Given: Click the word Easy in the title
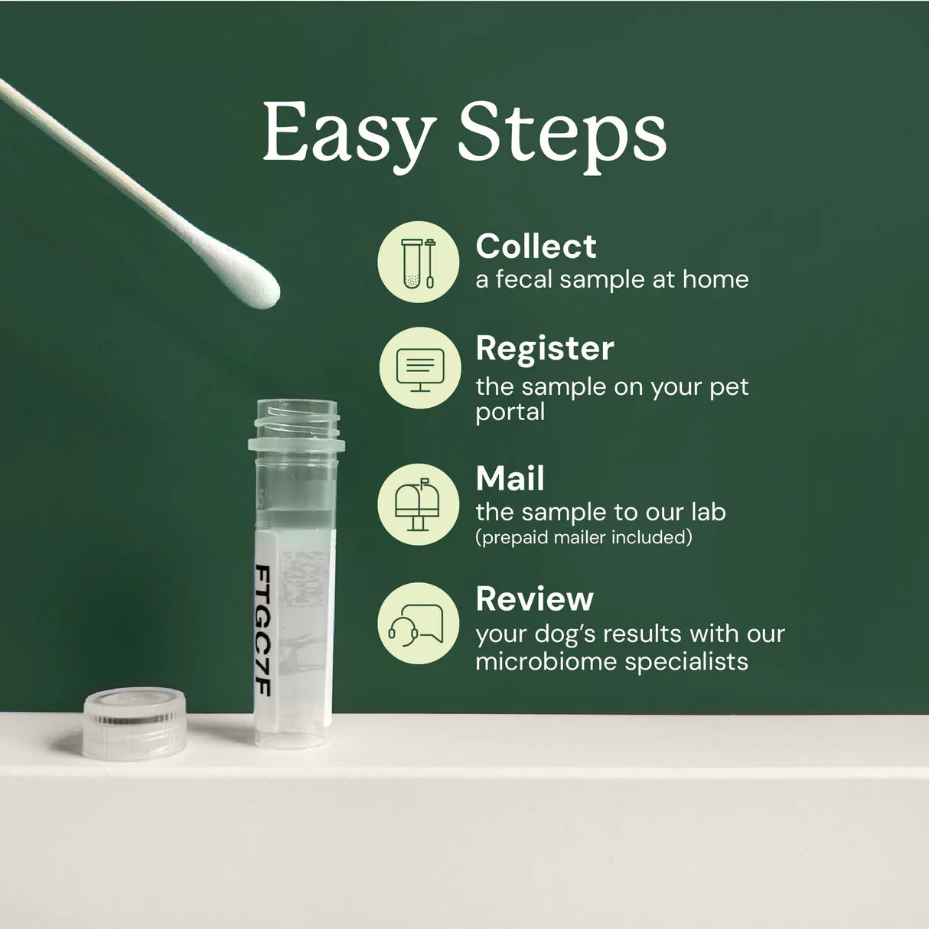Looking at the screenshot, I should pos(348,134).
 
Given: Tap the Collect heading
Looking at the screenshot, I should pos(536,246).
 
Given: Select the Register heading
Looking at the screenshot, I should pos(544,348).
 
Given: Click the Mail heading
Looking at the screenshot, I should pos(510,479).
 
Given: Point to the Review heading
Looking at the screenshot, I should pos(534,599).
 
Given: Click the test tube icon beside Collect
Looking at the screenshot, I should pos(419,262).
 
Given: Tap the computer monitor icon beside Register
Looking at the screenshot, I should pos(419,367).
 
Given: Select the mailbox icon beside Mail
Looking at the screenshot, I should pos(419,504).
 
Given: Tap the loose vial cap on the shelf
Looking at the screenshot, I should pos(135,722).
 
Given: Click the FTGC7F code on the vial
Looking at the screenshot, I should pos(262,630).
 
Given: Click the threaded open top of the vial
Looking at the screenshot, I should pos(295,417).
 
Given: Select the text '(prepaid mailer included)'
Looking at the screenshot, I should pos(583,537).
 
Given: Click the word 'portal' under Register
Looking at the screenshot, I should pos(510,412).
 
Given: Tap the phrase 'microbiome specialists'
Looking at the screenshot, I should pos(611,661).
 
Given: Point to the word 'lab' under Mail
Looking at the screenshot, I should pos(708,512).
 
